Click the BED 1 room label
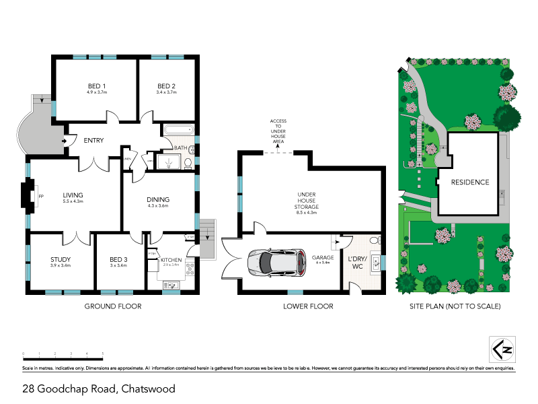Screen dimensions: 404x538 97,86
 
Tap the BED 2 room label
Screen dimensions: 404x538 166,86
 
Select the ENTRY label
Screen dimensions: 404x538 93,141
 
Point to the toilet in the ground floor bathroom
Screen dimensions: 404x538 188,162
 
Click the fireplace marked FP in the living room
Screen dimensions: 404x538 29,197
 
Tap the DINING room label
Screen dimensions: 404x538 158,199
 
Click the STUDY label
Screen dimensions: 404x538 61,260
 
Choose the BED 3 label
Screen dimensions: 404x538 119,260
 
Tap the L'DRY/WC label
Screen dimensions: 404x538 356,263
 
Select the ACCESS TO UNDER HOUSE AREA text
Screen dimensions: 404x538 278,131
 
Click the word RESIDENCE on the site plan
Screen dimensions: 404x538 470,182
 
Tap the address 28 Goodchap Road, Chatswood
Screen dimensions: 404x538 98,389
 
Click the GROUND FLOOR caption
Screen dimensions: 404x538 112,306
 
